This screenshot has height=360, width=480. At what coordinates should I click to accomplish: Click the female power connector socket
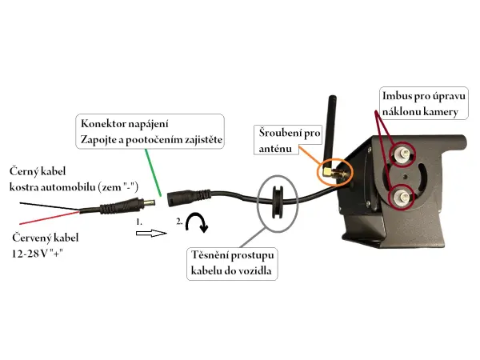[176, 196]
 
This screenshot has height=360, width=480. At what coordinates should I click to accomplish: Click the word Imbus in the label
[399, 97]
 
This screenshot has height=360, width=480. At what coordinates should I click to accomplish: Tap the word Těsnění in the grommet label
[213, 256]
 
